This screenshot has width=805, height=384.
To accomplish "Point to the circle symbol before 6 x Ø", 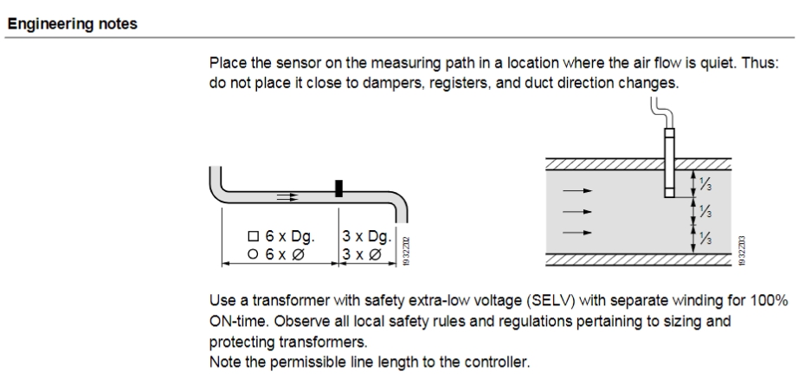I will coord(253,253).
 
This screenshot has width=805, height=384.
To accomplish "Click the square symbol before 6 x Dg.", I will coord(253,236).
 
